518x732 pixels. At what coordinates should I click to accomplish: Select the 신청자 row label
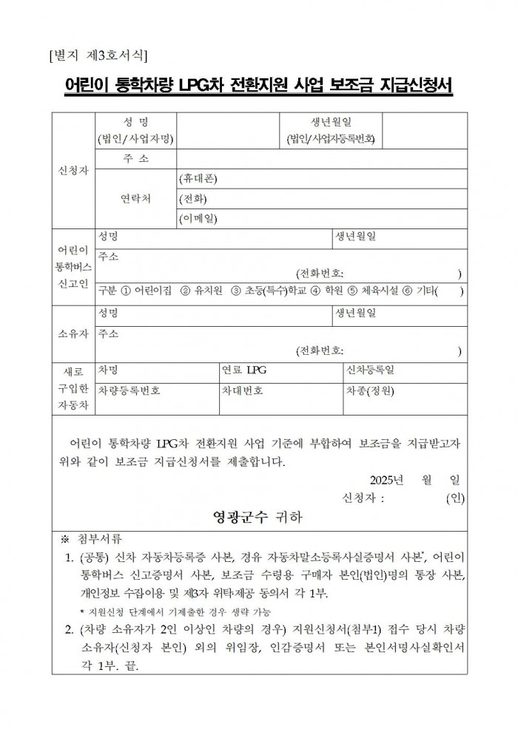pos(73,170)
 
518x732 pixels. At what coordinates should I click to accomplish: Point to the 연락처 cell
pos(136,199)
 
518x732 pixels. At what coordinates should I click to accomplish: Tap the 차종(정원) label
pos(369,390)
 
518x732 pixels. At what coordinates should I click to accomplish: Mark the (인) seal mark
pos(455,498)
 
